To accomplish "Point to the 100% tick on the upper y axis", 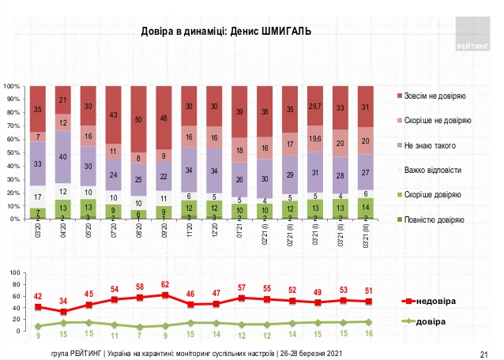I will (12, 85).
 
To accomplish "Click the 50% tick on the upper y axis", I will (13, 152).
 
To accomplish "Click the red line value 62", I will (164, 284).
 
